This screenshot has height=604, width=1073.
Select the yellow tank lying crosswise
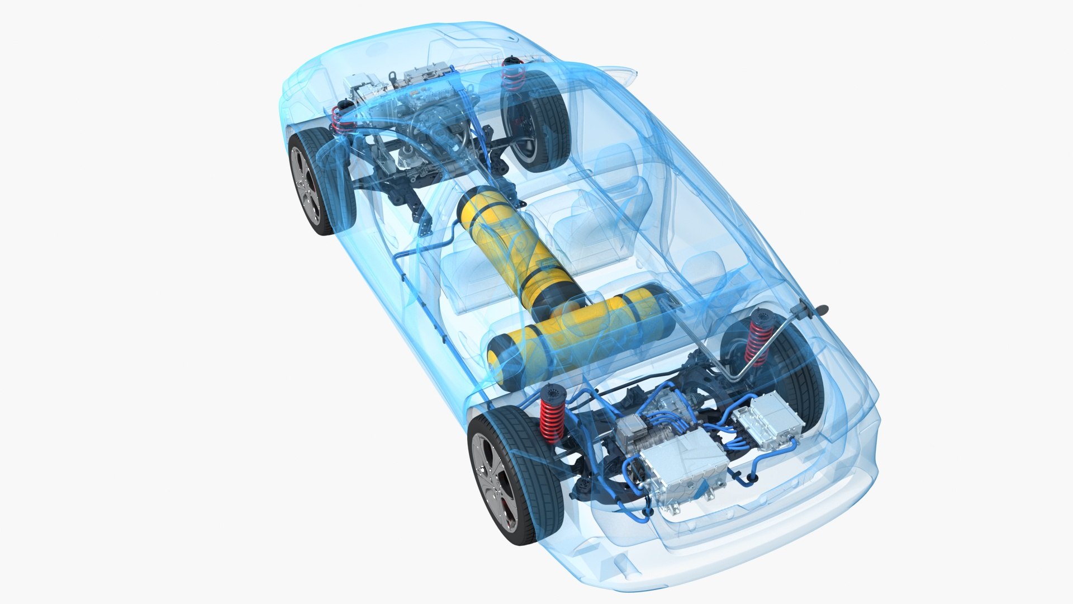point(581,330)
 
